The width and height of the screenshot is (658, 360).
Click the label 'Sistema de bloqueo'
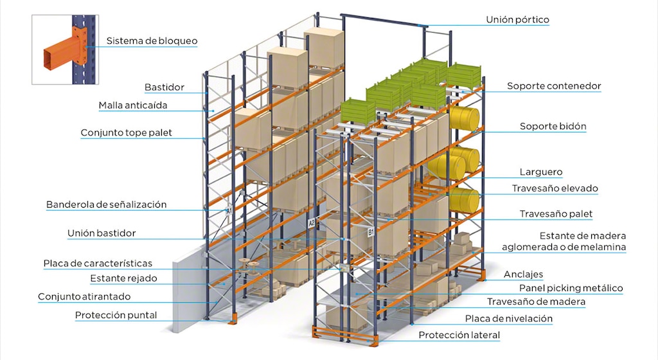[152, 41]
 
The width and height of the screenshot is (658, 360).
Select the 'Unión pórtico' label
[517, 20]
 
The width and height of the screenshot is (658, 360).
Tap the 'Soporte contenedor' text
[554, 85]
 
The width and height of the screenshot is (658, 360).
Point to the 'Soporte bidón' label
[553, 127]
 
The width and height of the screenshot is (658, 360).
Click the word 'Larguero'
[540, 172]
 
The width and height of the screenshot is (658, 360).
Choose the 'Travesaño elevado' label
[555, 189]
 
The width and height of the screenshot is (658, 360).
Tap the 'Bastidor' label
[164, 87]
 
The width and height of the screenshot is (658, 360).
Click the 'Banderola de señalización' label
[106, 204]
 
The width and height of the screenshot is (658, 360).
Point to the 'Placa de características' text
[98, 264]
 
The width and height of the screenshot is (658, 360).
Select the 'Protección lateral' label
[459, 335]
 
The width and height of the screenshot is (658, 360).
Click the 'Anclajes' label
[523, 274]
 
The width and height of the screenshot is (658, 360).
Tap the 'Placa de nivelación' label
[509, 318]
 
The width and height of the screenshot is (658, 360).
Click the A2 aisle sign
[312, 223]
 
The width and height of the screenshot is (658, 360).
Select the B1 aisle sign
[370, 230]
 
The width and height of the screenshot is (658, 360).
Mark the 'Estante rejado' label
[123, 278]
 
